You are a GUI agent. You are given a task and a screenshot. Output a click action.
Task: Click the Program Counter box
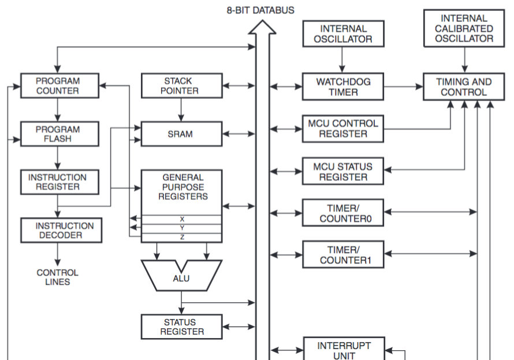click(x=58, y=86)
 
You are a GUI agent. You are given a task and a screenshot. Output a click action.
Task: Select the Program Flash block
click(x=58, y=133)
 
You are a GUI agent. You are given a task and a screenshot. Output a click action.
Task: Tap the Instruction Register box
click(x=58, y=182)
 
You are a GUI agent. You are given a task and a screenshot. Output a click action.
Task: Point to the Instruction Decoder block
click(x=61, y=230)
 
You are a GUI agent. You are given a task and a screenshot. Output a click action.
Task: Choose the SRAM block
click(x=181, y=133)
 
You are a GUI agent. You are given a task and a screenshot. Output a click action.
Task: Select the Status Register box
click(x=181, y=326)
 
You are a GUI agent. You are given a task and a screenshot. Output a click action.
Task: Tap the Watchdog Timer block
click(x=344, y=87)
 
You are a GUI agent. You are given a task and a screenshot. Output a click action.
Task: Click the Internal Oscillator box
click(x=344, y=34)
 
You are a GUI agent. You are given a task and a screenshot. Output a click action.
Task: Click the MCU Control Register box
click(x=344, y=128)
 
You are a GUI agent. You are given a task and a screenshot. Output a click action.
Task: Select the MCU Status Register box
click(x=344, y=172)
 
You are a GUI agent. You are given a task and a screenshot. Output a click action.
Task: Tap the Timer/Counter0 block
click(x=344, y=214)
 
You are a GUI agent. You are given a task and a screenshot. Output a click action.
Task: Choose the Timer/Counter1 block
click(x=344, y=255)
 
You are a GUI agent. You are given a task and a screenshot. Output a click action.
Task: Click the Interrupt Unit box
click(x=344, y=350)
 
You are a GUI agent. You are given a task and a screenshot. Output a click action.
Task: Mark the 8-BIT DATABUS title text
click(x=260, y=10)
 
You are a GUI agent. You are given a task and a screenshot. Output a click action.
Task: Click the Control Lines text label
click(x=57, y=277)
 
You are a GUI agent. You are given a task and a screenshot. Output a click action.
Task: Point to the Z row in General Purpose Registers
click(x=182, y=237)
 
